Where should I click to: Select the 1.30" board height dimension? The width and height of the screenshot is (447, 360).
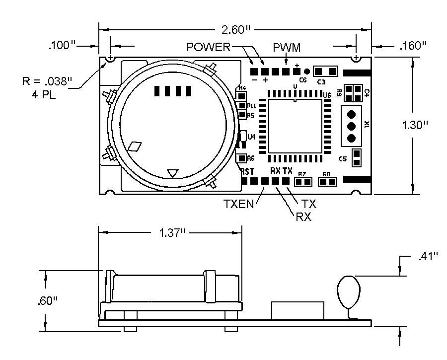415,125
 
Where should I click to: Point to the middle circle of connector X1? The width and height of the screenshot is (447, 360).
351,125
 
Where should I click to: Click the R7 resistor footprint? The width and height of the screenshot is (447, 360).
302,182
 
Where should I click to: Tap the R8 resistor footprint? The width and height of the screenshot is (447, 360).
327,182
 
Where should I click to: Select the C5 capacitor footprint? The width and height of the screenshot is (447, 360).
356,158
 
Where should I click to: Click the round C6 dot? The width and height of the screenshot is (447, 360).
307,72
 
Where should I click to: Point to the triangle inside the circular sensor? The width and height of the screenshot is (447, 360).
172,173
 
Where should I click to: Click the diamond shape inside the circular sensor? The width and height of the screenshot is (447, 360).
134,146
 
